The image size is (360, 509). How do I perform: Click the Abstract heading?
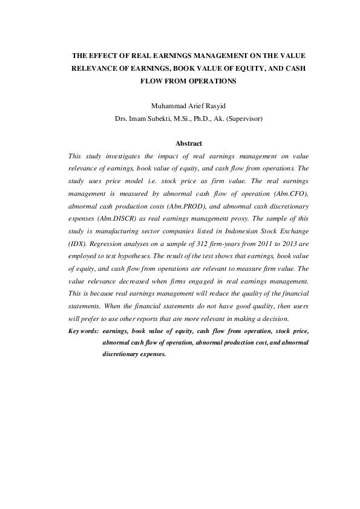[188, 143]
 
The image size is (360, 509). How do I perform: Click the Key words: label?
[84, 331]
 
